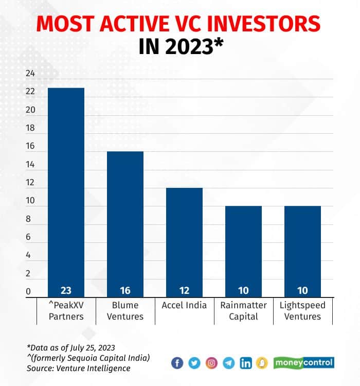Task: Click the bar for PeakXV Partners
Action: (66, 190)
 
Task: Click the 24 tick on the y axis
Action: (30, 74)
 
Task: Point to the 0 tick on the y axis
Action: (28, 291)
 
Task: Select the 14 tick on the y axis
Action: (30, 165)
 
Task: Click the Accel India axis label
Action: (184, 305)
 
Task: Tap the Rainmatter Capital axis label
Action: (243, 311)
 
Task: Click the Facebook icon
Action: (177, 363)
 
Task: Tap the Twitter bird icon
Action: (194, 363)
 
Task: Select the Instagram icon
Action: (211, 363)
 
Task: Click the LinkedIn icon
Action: (246, 363)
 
